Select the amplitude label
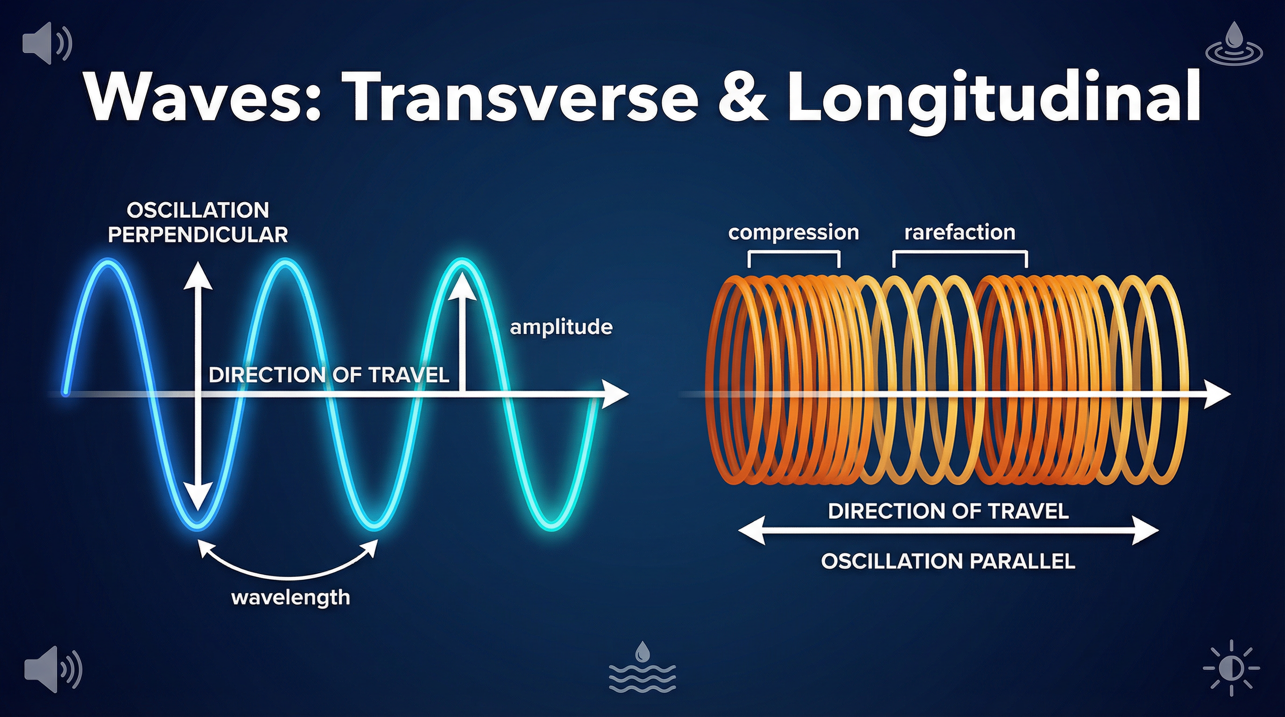pos(561,327)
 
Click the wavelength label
pos(290,597)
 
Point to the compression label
pos(793,232)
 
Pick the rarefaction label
pos(959,232)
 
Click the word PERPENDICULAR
pos(198,235)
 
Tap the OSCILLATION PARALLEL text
pos(948,562)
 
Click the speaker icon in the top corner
pos(46,43)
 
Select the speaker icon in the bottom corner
pos(52,668)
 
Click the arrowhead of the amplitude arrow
pos(462,284)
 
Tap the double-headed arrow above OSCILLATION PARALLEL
pos(948,532)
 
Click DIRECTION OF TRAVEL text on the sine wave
pos(329,375)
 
